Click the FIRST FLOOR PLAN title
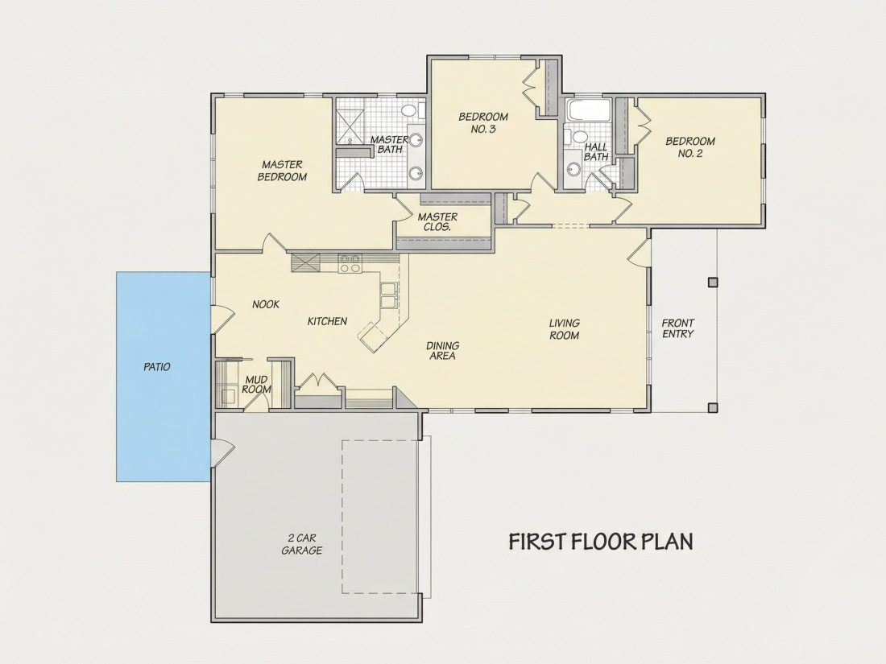(601, 541)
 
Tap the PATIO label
(157, 367)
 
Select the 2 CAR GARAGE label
(302, 544)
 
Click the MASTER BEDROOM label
(282, 171)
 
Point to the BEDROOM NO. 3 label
(483, 122)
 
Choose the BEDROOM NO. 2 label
(690, 146)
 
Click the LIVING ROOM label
(565, 329)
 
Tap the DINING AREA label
(442, 351)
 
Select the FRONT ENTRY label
(678, 328)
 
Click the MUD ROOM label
(256, 385)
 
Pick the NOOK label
(266, 304)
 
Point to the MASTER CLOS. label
(437, 222)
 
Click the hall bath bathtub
(588, 110)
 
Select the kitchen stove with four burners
(350, 263)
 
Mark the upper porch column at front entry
(713, 281)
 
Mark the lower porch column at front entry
(713, 406)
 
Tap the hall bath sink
(573, 167)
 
